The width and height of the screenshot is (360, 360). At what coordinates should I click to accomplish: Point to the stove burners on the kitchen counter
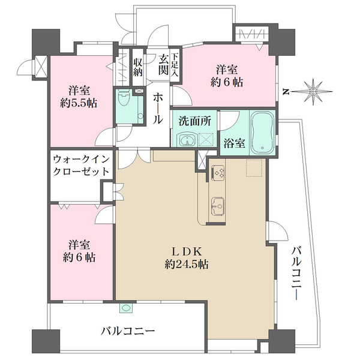tap(217, 172)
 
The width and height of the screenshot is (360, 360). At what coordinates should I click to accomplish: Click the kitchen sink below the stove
tap(217, 205)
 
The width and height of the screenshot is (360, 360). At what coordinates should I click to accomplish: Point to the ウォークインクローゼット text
tap(80, 165)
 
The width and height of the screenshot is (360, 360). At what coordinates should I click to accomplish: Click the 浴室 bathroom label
tap(233, 145)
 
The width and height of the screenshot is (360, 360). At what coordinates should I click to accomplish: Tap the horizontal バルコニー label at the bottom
tap(128, 331)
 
